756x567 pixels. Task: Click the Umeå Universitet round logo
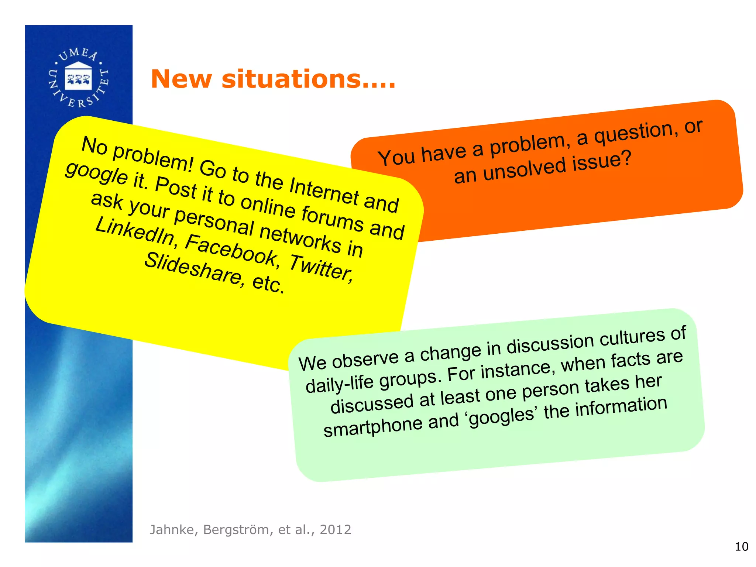78,78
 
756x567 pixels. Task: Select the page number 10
741,546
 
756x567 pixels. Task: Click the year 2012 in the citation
335,530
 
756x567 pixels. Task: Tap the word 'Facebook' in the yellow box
232,250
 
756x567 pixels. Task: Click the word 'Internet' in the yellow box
324,191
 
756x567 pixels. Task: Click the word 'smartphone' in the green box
373,427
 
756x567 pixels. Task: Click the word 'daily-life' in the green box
340,384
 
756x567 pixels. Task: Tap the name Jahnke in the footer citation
172,530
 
